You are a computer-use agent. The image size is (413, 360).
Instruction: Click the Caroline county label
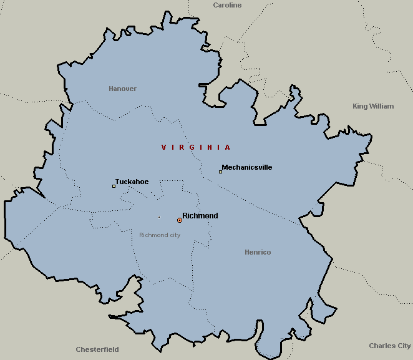[227, 5]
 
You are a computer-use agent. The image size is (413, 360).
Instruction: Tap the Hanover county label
[122, 89]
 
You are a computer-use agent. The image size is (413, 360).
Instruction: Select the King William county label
[373, 106]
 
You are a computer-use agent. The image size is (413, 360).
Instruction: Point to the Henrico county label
[258, 252]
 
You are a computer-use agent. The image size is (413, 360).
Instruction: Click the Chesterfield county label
[97, 349]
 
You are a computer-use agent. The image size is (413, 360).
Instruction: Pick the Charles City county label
[390, 346]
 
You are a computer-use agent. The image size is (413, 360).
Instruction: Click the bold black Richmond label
[200, 216]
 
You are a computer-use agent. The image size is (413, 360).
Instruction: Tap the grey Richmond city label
[160, 235]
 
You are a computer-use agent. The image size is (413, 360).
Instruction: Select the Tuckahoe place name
[132, 182]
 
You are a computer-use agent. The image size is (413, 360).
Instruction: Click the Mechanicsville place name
[247, 167]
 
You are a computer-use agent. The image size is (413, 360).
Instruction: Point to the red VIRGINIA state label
[196, 147]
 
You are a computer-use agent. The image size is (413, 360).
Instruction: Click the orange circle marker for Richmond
[180, 220]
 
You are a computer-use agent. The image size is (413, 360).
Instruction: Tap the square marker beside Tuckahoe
[114, 186]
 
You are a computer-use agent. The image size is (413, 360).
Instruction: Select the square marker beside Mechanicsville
[220, 172]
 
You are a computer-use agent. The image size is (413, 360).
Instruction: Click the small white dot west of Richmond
[159, 217]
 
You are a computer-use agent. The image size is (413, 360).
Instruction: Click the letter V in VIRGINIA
[163, 147]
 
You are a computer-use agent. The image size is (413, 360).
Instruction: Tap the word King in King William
[360, 106]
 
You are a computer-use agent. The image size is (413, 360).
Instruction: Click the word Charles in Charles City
[381, 346]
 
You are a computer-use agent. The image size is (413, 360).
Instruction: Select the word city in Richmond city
[173, 235]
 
